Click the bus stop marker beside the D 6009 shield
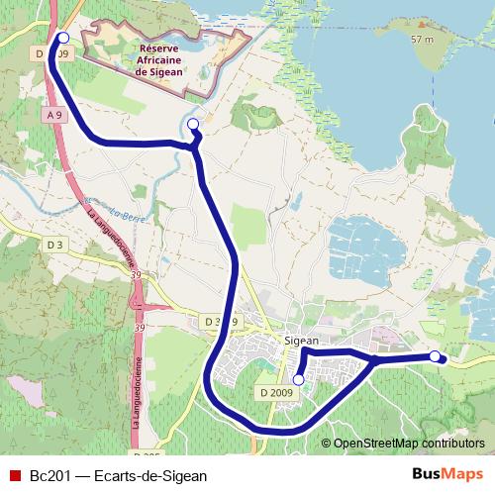coord(62,38)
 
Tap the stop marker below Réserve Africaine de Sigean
coord(193,124)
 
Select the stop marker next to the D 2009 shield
coord(299,379)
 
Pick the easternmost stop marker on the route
coord(435,355)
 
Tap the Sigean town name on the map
coord(301,338)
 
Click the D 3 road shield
coord(54,244)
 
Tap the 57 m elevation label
coord(422,40)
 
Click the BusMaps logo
coord(447,474)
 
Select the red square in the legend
coord(15,475)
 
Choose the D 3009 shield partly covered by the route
coord(220,322)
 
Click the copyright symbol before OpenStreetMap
coord(327,444)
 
